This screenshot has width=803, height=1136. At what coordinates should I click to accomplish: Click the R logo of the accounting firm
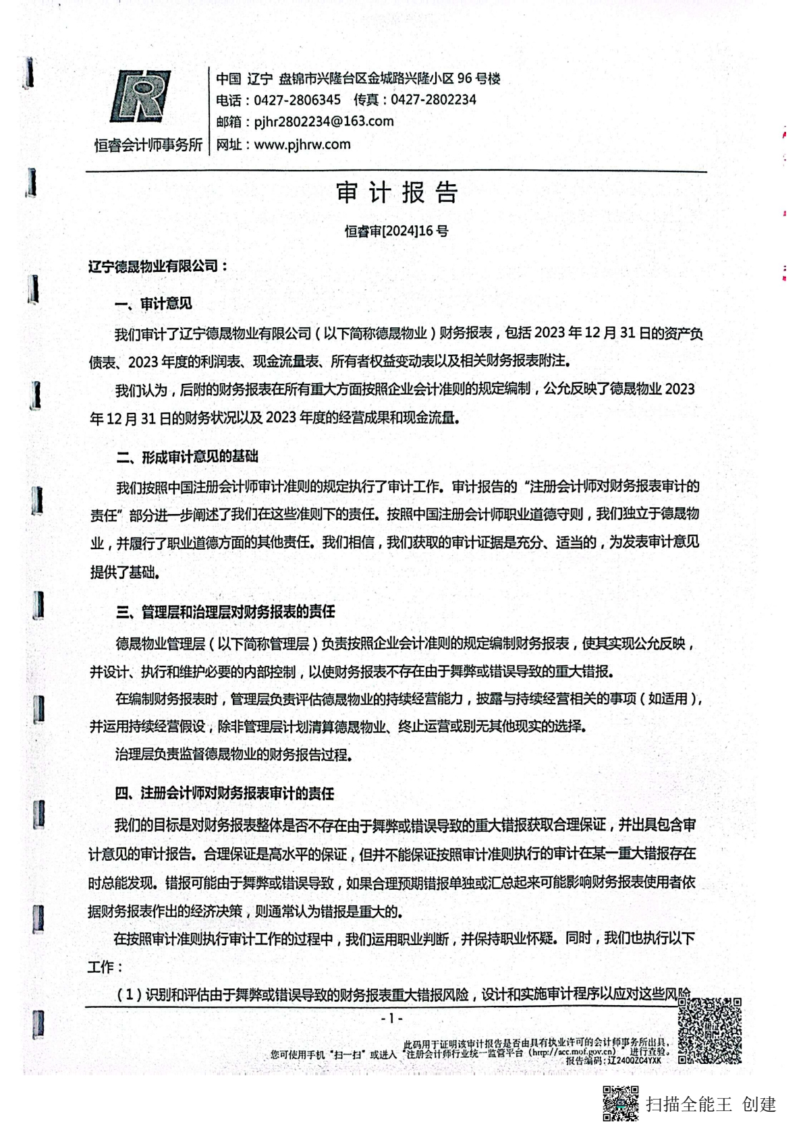click(140, 96)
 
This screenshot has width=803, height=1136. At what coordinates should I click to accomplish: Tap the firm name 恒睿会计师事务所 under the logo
click(148, 145)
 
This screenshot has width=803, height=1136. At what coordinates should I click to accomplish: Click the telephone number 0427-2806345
click(297, 101)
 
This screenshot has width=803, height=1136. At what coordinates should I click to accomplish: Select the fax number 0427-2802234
click(433, 101)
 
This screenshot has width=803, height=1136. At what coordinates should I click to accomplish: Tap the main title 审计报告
click(397, 193)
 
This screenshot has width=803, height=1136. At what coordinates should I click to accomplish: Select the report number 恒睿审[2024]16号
click(396, 231)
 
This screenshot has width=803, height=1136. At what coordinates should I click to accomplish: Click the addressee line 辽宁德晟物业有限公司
click(157, 266)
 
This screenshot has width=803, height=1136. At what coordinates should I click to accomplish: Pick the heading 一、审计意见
click(153, 304)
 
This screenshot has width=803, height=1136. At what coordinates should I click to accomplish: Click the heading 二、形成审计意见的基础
click(187, 457)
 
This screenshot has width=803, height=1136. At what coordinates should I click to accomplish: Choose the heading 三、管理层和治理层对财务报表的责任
click(225, 613)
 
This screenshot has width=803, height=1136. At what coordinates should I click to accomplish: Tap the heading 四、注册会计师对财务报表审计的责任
click(225, 794)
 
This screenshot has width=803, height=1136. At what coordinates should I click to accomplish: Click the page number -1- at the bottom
click(391, 1018)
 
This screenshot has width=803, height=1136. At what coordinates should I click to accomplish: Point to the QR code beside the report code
click(709, 1030)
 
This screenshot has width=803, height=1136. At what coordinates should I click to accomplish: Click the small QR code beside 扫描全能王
click(620, 1103)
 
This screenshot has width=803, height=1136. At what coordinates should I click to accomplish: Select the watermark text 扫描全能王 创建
click(711, 1104)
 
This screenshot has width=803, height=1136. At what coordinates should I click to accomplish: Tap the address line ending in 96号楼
click(358, 79)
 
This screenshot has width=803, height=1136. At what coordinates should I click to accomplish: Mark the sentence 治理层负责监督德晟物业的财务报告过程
click(233, 755)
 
